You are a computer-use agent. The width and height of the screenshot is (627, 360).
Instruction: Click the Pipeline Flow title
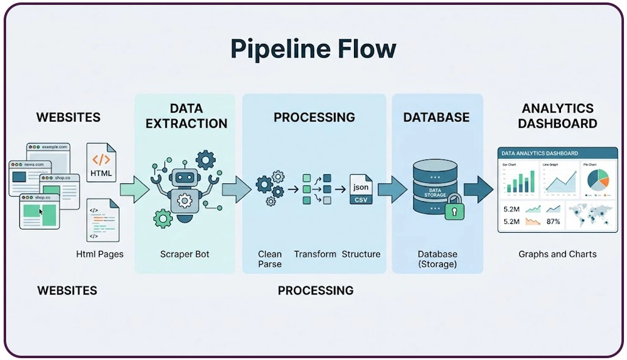(x=313, y=49)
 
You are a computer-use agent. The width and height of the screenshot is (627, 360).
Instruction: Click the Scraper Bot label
(x=185, y=254)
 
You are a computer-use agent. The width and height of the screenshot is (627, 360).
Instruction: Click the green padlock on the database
(x=453, y=211)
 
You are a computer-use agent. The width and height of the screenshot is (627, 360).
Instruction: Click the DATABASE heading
(x=436, y=117)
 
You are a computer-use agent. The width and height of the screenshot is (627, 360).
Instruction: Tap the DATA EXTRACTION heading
(x=186, y=116)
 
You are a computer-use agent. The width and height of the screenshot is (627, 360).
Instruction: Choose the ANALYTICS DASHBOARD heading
(x=557, y=116)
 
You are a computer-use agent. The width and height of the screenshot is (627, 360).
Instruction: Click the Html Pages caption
(x=100, y=254)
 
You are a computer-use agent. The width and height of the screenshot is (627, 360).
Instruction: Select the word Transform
(x=315, y=254)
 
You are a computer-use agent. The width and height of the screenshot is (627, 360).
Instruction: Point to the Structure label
(x=361, y=254)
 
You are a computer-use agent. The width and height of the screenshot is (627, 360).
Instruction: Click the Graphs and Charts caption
(x=557, y=254)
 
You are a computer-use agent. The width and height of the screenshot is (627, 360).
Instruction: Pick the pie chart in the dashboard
(x=598, y=179)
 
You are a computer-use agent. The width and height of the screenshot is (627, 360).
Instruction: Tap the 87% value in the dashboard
(x=554, y=221)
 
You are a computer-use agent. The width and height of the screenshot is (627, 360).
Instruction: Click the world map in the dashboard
(x=590, y=215)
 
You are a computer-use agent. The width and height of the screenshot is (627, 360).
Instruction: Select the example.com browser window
(x=48, y=156)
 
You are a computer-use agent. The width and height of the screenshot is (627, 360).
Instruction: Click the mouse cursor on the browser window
(x=42, y=212)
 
